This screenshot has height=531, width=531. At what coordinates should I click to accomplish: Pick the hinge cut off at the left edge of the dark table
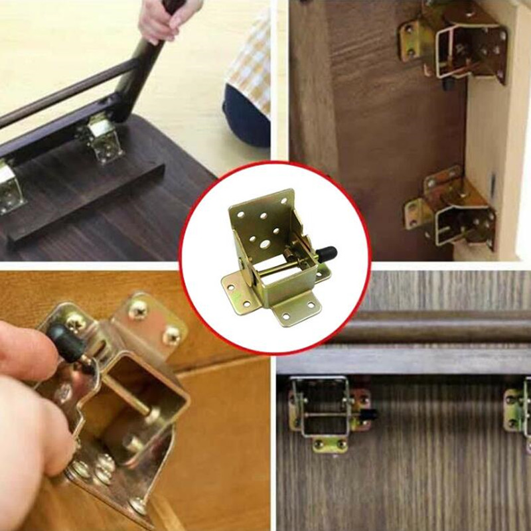[8, 186]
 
